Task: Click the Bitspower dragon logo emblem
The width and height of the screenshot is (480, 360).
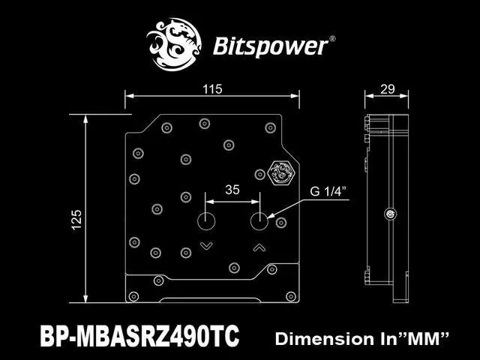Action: click(178, 43)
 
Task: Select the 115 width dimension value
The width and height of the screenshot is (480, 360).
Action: click(212, 89)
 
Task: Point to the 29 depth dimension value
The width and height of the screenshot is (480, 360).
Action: click(388, 89)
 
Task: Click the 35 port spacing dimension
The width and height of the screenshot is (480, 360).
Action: click(232, 190)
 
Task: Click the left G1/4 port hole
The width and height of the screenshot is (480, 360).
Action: click(206, 222)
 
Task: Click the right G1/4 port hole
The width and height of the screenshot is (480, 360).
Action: click(259, 222)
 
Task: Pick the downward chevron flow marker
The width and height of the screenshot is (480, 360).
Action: click(206, 246)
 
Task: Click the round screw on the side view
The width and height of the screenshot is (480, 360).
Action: click(390, 214)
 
